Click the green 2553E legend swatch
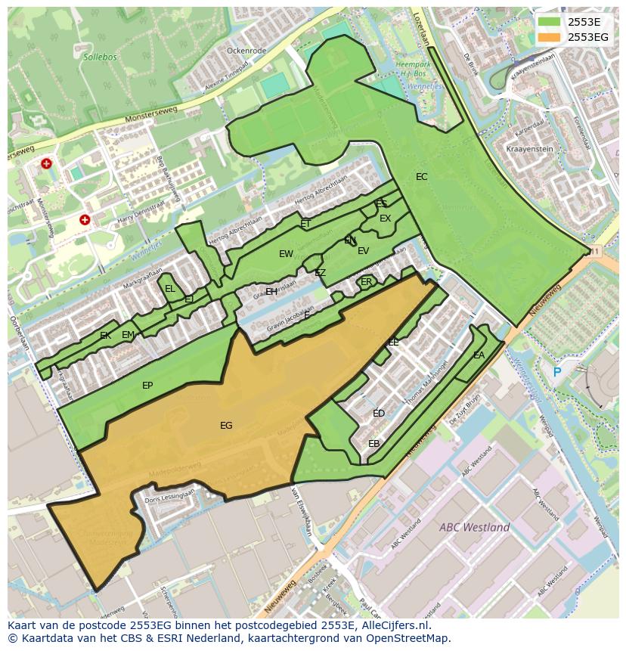(549, 22)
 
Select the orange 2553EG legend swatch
(549, 37)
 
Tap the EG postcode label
(226, 426)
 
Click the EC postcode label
(422, 177)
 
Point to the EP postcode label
(147, 386)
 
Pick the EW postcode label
(286, 254)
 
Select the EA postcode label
(479, 355)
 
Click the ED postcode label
(379, 414)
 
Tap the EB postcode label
(373, 444)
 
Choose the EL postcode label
(170, 289)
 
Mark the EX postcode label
(386, 219)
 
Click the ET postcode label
(305, 224)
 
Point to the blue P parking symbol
(557, 372)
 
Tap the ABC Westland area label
(474, 527)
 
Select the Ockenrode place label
(246, 51)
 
